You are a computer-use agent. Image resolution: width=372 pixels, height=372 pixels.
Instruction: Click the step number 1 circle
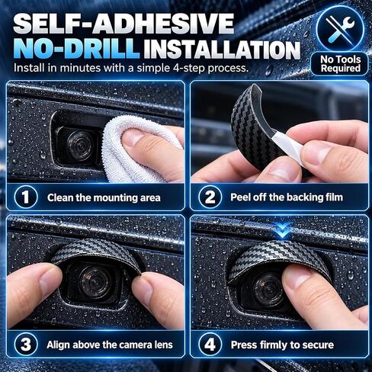pyautogui.click(x=26, y=197)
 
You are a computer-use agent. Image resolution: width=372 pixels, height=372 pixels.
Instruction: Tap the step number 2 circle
pyautogui.click(x=210, y=197)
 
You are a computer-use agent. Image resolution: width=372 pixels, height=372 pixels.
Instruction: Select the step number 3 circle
pyautogui.click(x=26, y=345)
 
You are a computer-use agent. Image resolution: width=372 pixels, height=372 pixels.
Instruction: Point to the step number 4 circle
pyautogui.click(x=210, y=345)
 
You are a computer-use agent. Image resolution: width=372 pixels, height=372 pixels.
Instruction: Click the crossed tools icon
pyautogui.click(x=341, y=29)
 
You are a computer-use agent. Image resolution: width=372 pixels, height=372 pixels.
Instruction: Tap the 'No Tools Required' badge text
pyautogui.click(x=340, y=64)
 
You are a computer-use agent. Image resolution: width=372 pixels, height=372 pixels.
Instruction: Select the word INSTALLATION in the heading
pyautogui.click(x=222, y=50)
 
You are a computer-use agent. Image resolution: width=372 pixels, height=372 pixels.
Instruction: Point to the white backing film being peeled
pyautogui.click(x=290, y=146)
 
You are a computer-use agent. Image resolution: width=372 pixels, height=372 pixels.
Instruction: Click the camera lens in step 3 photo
pyautogui.click(x=95, y=281)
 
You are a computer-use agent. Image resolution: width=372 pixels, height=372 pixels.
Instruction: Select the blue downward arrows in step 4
pyautogui.click(x=283, y=230)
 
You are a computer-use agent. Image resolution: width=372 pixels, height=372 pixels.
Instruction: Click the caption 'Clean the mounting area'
pyautogui.click(x=104, y=197)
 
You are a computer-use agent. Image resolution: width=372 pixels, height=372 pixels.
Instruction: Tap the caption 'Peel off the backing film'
pyautogui.click(x=287, y=197)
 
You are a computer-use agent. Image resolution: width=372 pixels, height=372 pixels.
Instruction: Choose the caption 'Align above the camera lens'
pyautogui.click(x=110, y=345)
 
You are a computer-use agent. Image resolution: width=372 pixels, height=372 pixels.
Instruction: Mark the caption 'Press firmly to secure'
pyautogui.click(x=282, y=345)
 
